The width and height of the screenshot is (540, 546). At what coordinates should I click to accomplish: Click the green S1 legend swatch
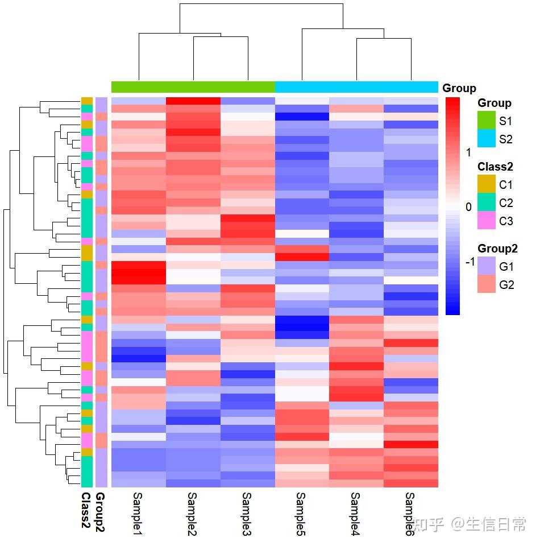[487, 121]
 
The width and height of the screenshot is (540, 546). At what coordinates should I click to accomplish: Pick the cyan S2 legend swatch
[487, 139]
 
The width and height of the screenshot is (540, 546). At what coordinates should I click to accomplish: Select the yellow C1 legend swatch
[487, 184]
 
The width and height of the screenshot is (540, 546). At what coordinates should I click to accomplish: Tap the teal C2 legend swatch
[487, 202]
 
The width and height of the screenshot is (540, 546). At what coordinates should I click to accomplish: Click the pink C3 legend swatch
[487, 221]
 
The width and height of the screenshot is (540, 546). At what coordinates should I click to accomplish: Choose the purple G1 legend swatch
[487, 266]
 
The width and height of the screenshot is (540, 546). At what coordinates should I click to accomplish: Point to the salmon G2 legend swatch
[487, 284]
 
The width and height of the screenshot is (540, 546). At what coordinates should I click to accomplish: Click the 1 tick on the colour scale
[468, 152]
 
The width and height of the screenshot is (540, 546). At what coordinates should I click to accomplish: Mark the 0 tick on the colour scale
[468, 207]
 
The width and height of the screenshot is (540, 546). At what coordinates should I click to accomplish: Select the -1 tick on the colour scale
[470, 262]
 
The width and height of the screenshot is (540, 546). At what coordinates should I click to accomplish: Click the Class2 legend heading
[495, 167]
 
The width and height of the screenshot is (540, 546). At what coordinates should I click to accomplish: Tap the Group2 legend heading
[497, 249]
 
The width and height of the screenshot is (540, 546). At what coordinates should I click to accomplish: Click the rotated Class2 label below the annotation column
[86, 515]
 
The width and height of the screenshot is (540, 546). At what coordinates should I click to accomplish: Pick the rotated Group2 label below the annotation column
[101, 515]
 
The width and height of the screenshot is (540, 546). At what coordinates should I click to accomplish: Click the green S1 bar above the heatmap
[193, 87]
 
